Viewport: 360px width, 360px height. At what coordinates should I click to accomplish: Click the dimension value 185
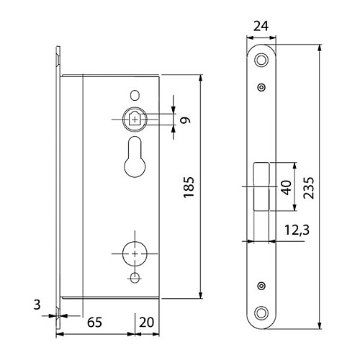point(189,187)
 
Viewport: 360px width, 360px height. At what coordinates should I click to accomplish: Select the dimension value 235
point(308,188)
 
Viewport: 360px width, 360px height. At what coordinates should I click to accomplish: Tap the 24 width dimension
point(261,26)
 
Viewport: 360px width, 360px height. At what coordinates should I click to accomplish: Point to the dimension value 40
point(287,187)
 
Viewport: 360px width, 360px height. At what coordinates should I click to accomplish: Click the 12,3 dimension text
point(297,230)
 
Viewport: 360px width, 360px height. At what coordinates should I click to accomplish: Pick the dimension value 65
point(94,322)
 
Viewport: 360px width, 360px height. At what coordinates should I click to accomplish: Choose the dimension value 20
point(147,322)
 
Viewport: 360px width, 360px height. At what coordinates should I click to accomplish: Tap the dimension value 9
point(185,120)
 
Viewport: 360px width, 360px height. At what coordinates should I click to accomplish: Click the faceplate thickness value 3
point(37,305)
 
